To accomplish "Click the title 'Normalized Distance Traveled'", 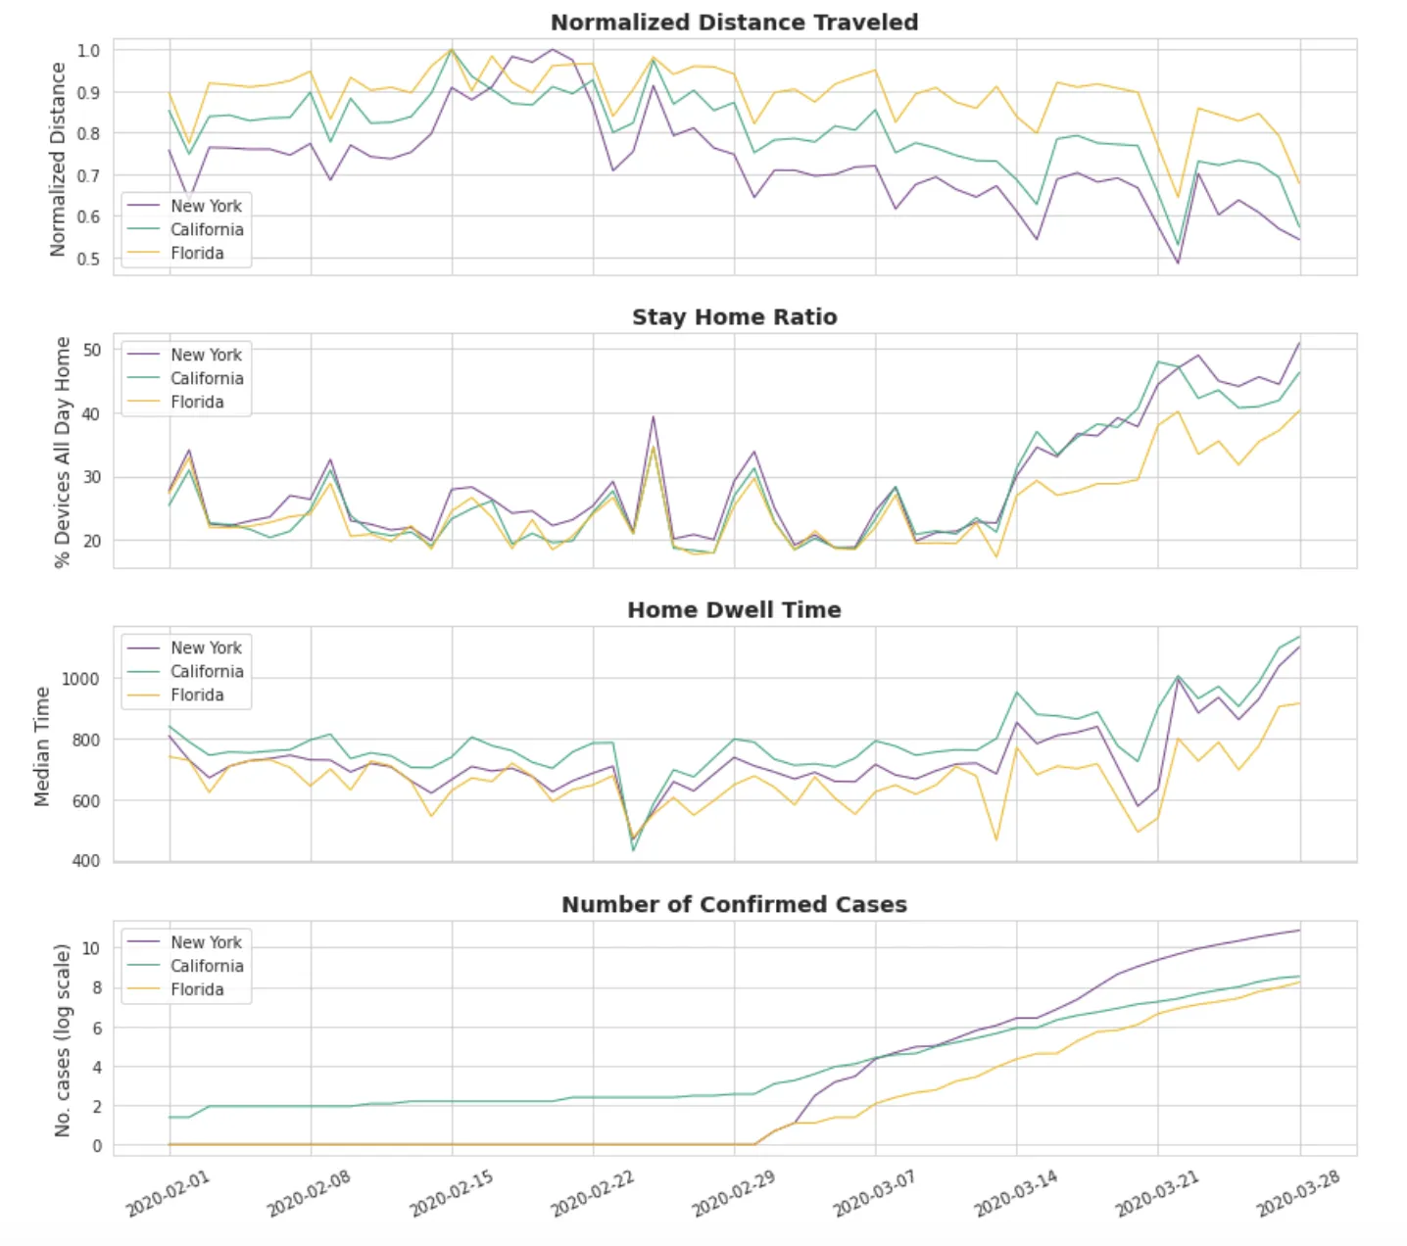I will pos(734,23).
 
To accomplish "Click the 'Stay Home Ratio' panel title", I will pos(734,317).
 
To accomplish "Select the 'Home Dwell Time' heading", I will pos(734,610).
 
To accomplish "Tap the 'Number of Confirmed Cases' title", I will pos(734,905).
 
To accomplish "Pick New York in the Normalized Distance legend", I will pos(206,207).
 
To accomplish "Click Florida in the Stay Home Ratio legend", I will pos(197,403).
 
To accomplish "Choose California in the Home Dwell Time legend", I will pos(207,672).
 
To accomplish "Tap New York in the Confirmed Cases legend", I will pos(206,942).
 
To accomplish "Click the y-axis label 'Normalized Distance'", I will pos(58,160).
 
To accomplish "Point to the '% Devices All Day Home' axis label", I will pos(63,453).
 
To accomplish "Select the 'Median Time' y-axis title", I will pos(42,746).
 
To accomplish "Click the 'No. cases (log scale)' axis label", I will pos(63,1040).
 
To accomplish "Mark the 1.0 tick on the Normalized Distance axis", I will pos(88,50).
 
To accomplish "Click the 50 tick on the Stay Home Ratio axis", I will pos(90,350).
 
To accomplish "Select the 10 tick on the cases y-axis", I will pos(90,948).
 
